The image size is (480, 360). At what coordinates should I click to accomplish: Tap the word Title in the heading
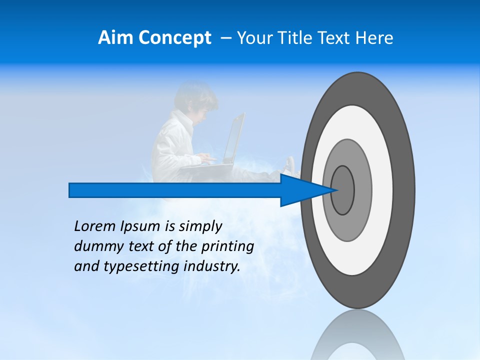coord(297,38)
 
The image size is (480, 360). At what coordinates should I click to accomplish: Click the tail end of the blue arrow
coord(70,190)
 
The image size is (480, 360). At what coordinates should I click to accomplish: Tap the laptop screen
coord(234,137)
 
